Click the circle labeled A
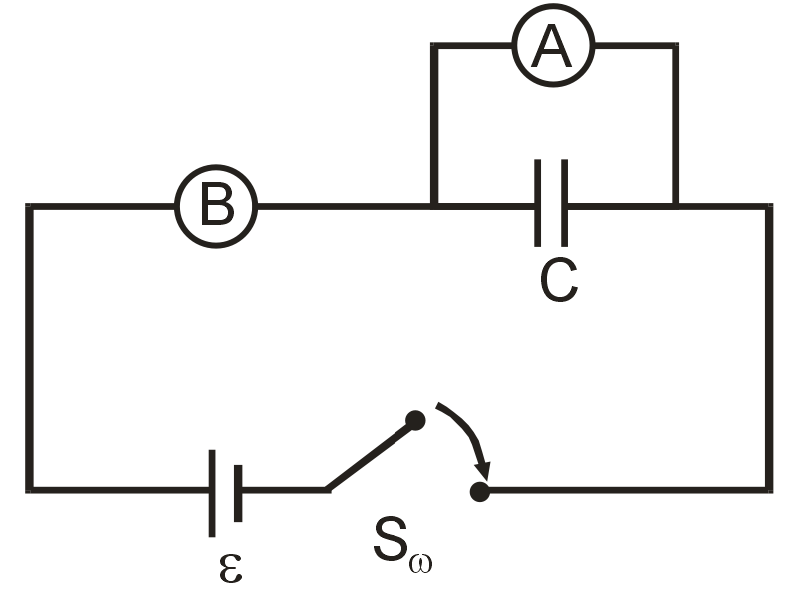553,46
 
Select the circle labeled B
216,207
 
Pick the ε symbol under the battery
229,566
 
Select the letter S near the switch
393,540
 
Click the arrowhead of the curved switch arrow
485,470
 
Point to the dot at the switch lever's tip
415,421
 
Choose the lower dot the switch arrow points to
480,491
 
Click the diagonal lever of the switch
371,456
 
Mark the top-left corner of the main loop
30,207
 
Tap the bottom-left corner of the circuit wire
30,489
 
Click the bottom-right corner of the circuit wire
768,489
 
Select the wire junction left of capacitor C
434,207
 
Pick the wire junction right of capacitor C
675,207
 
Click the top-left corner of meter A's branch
434,46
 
